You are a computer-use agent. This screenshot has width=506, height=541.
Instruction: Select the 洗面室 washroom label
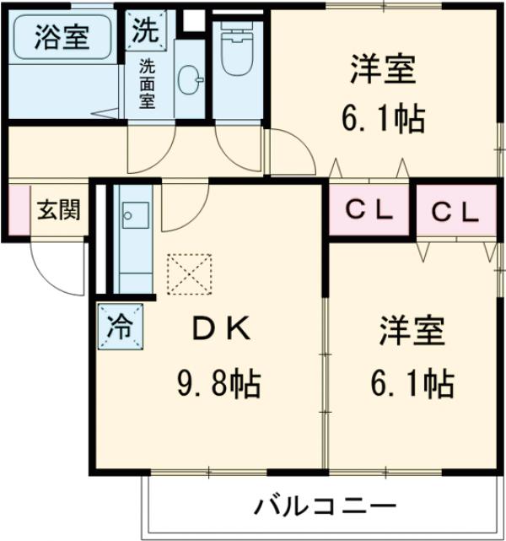click(x=147, y=82)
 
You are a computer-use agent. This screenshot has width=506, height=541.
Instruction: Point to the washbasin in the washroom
click(x=191, y=83)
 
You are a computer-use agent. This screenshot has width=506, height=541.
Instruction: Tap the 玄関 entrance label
click(x=58, y=208)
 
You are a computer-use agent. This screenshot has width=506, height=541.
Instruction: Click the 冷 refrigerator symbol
click(x=120, y=324)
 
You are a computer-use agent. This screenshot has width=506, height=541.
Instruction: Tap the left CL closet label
click(x=372, y=211)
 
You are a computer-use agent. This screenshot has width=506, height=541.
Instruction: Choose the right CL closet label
click(x=455, y=213)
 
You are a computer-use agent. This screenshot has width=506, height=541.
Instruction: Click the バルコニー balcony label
click(x=324, y=506)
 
